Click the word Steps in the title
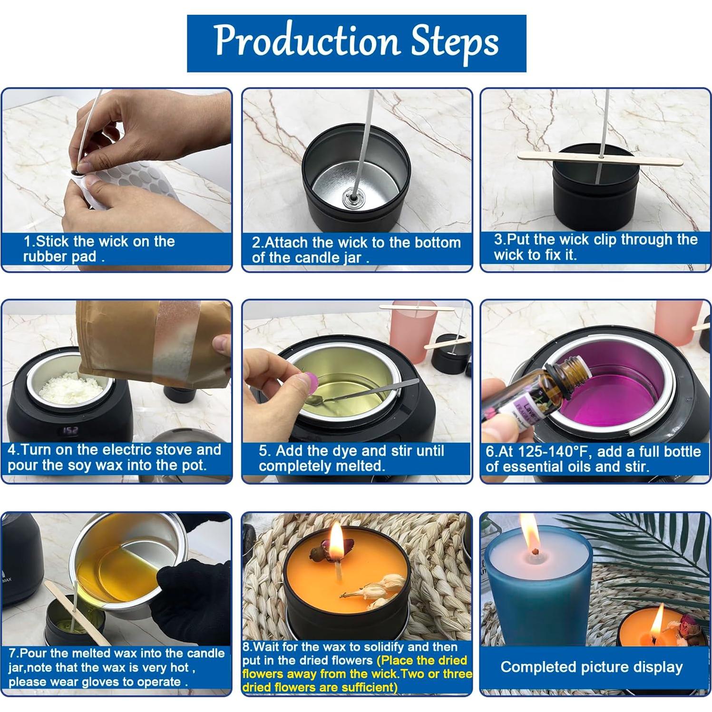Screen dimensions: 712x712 (x=454, y=42)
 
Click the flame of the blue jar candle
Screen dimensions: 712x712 (x=530, y=532)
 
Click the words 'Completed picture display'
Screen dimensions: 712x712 (x=591, y=667)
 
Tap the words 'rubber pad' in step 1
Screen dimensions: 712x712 (x=59, y=257)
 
